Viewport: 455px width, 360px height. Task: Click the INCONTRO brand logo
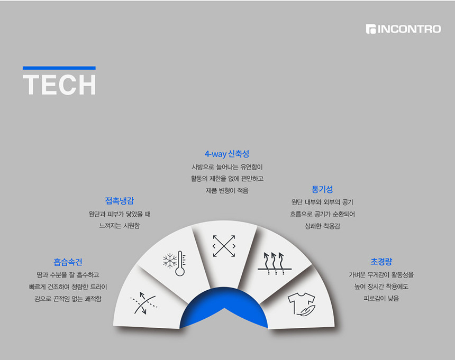tap(403, 29)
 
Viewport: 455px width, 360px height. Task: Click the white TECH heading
tap(59, 85)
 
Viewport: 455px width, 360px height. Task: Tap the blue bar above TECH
tap(59, 68)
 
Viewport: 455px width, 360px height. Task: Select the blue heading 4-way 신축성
tap(227, 154)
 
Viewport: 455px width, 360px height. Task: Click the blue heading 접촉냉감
tap(120, 201)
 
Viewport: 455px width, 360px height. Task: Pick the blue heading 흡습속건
tap(68, 262)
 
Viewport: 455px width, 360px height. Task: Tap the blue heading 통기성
tap(322, 189)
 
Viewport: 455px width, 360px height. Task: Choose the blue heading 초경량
tap(381, 262)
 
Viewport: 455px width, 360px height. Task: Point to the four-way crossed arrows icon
tap(224, 246)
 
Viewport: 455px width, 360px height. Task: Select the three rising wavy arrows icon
tap(275, 263)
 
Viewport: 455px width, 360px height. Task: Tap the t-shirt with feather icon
tap(302, 304)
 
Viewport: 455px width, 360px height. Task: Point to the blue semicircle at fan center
tap(224, 307)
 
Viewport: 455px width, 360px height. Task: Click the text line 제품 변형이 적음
tap(227, 190)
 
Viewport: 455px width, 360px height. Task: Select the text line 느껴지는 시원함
tap(120, 226)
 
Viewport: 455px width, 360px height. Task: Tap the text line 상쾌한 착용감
tap(322, 226)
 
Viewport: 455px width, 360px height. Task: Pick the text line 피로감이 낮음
tap(381, 298)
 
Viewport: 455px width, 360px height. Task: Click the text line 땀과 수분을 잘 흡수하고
tap(68, 275)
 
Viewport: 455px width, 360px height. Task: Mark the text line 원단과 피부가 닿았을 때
tap(120, 214)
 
